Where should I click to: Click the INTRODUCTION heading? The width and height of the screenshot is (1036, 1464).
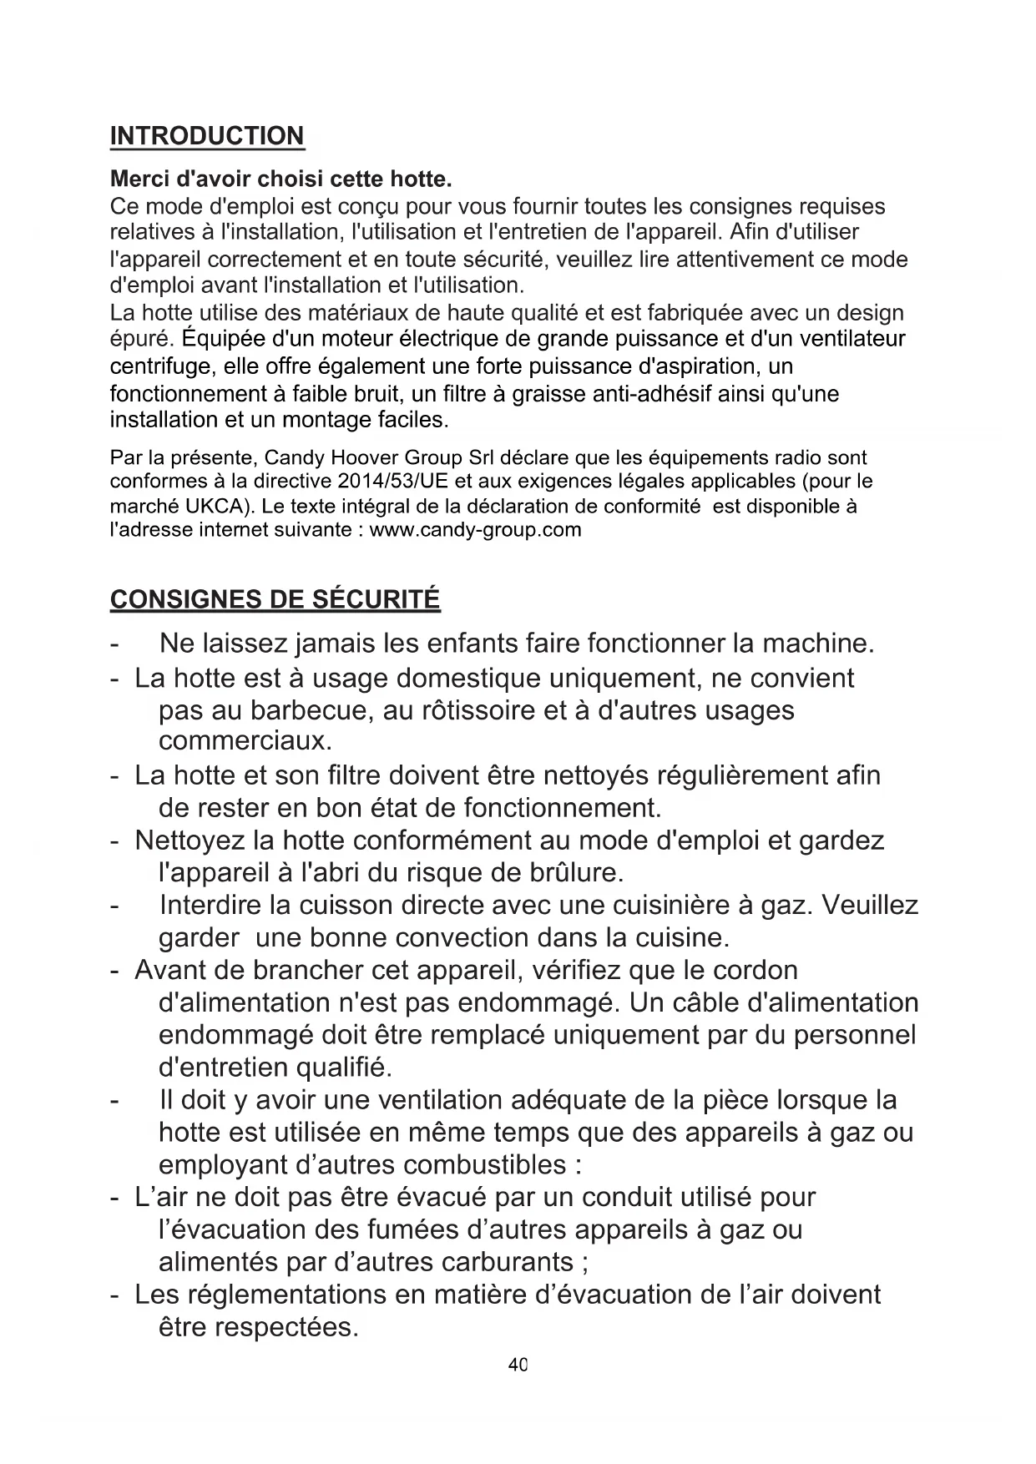(207, 136)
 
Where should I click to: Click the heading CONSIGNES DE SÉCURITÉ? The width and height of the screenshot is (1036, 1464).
(275, 599)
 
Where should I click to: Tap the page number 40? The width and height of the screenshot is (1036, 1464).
(518, 1366)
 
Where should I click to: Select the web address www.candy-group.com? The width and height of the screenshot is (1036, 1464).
(475, 529)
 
